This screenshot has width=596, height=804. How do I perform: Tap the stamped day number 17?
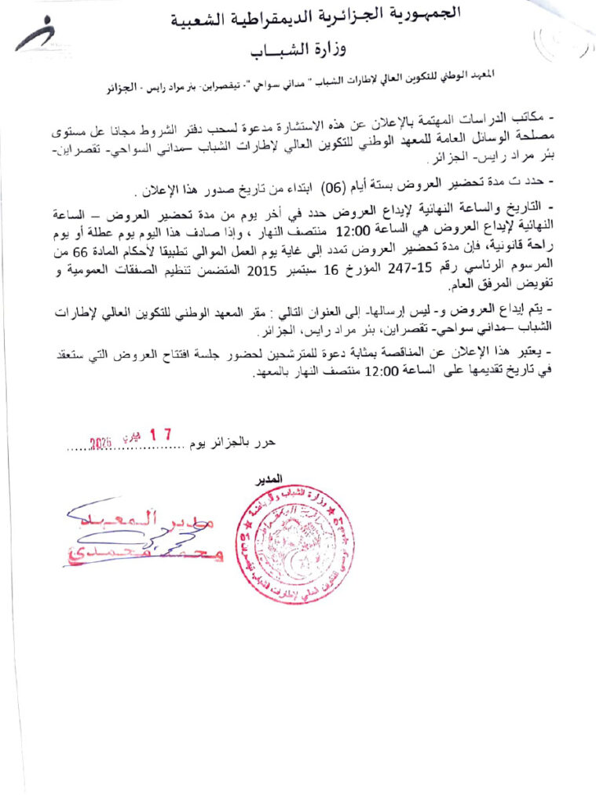159,434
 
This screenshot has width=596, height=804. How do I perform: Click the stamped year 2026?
101,444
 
